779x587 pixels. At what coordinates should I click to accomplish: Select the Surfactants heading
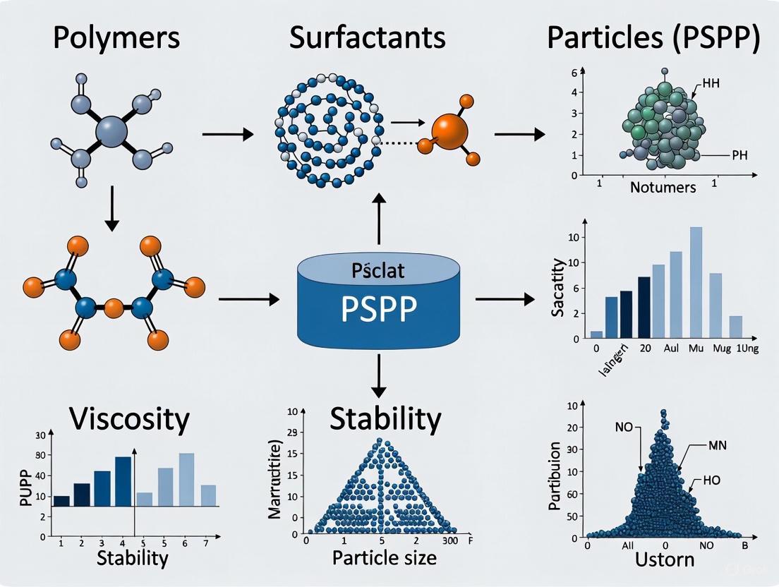(367, 37)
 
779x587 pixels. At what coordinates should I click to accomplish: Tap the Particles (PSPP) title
(653, 39)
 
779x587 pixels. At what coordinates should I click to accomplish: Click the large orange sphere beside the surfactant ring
(450, 131)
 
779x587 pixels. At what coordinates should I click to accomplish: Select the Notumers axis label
(663, 187)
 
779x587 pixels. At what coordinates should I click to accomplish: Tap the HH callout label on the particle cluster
(711, 83)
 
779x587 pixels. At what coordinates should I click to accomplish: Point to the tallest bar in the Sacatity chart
(696, 282)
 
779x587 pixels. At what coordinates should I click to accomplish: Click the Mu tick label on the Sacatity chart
(696, 349)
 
